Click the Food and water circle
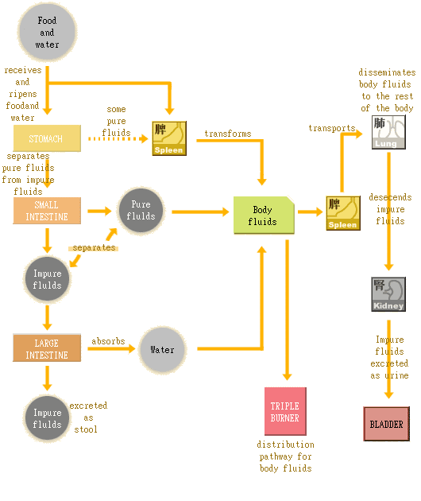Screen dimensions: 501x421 47,33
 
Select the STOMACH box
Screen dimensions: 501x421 47,138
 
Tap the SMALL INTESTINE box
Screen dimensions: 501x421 47,211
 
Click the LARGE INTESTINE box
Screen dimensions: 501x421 47,349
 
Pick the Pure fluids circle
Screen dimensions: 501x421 141,211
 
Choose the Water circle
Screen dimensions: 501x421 162,349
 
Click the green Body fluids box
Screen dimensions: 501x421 263,216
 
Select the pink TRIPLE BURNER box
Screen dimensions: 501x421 285,411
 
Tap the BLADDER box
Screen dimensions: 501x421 386,424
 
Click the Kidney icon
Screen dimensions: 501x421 388,294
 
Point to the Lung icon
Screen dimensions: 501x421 388,131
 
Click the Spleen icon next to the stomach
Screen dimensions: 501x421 169,138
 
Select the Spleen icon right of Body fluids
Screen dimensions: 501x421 343,213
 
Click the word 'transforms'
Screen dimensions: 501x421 227,134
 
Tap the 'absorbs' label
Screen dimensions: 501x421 108,341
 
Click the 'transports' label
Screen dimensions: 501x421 332,128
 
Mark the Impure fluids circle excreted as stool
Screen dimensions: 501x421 47,418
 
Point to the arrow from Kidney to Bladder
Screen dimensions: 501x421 388,358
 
